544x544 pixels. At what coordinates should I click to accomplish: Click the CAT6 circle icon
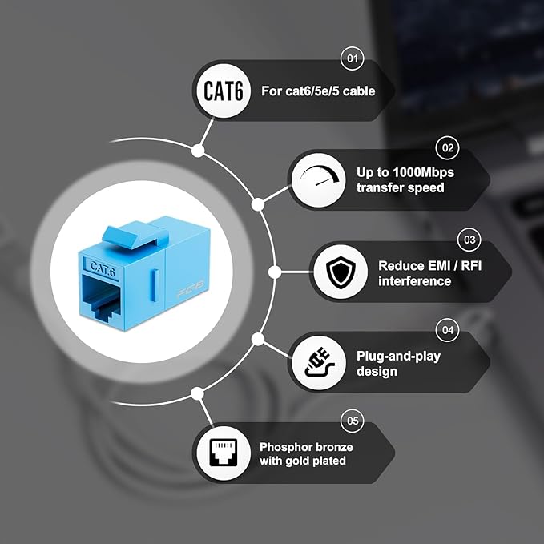(x=223, y=91)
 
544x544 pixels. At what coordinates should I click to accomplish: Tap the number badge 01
(x=353, y=58)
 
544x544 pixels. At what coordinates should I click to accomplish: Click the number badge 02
(x=448, y=147)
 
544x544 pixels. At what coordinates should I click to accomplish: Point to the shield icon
(x=341, y=272)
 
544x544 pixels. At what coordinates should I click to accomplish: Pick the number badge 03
(x=469, y=240)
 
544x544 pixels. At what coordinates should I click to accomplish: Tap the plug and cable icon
(x=319, y=362)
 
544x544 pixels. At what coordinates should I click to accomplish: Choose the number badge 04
(x=448, y=330)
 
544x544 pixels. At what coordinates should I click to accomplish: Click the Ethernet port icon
(x=224, y=453)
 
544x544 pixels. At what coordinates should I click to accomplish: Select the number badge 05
(x=353, y=421)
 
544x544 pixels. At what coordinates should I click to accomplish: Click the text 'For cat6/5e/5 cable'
(x=318, y=91)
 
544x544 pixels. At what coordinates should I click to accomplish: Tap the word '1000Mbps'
(x=423, y=172)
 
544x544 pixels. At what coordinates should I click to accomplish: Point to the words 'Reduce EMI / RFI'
(x=430, y=265)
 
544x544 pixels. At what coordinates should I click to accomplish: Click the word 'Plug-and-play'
(x=399, y=356)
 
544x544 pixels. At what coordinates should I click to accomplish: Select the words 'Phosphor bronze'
(x=306, y=447)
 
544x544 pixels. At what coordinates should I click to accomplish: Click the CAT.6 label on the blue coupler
(x=102, y=268)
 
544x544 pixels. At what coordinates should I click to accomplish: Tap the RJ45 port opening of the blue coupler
(x=100, y=298)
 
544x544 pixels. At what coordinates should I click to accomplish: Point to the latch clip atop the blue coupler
(x=135, y=236)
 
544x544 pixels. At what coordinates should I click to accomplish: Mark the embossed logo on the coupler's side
(x=191, y=289)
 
